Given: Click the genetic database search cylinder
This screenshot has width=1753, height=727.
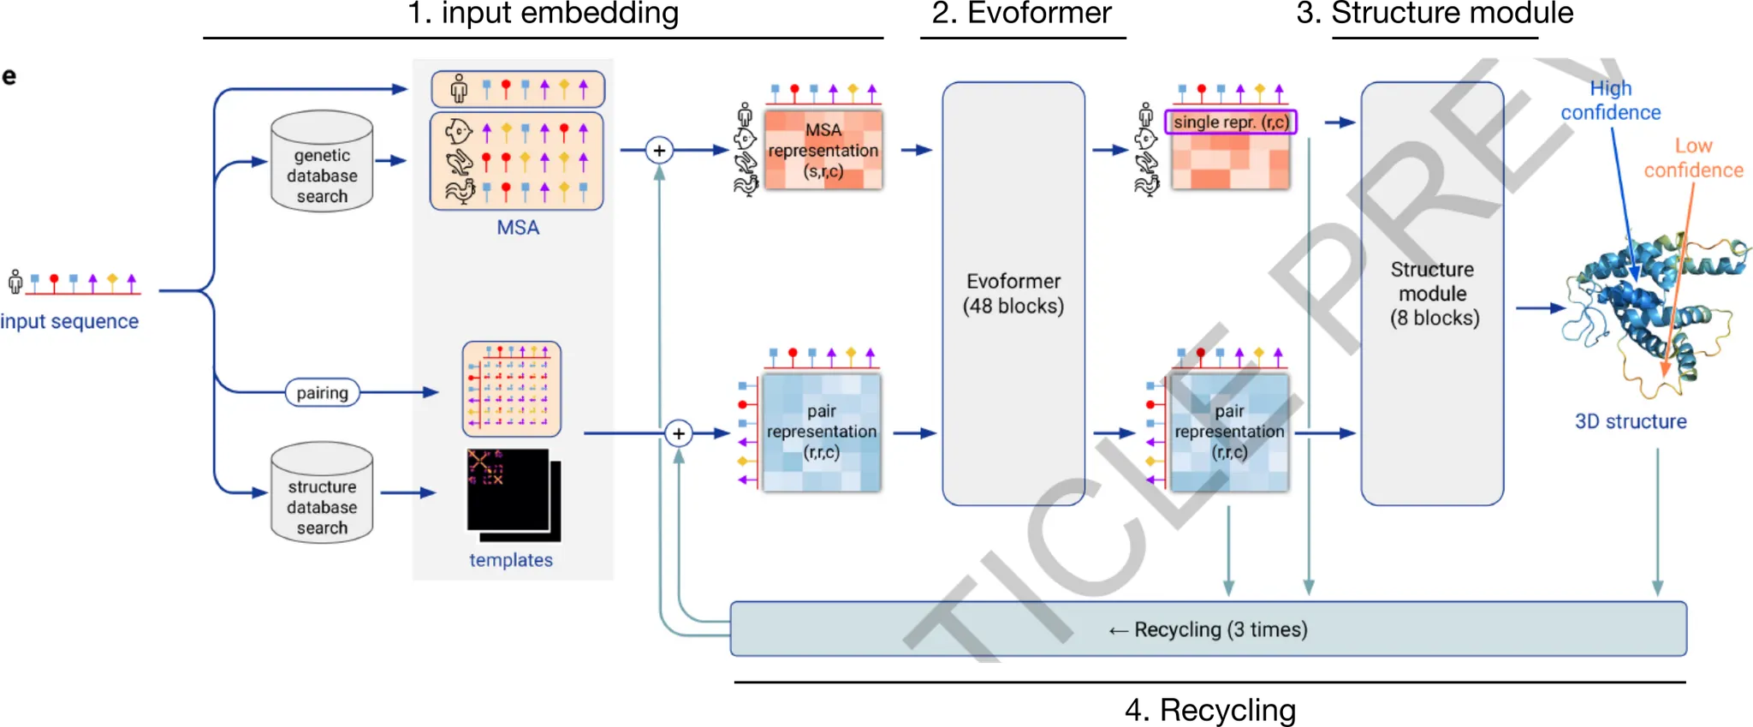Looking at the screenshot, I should coord(322,162).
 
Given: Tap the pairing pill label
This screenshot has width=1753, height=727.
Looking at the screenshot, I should coord(322,393).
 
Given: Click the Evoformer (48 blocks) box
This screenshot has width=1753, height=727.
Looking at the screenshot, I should coord(1013,294).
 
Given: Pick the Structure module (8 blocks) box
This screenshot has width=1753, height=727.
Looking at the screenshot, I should coord(1432,294).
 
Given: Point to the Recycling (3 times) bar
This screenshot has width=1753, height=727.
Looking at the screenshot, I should coord(1208,629).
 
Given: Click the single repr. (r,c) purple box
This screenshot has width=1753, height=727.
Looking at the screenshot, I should coord(1231,122).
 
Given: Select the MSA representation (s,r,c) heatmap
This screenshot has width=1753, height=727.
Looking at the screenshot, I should coord(823,150).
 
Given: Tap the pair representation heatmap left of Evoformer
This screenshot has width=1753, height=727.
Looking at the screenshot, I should coord(822,432).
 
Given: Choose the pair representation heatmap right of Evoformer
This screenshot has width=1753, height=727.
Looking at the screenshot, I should coord(1229,432).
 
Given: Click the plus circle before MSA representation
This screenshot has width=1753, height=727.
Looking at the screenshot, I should coord(659,151).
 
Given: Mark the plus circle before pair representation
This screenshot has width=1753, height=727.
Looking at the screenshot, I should coord(679,433).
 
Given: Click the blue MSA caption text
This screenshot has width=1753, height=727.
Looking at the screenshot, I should coord(518,228).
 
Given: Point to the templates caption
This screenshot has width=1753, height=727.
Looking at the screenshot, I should coord(511,560).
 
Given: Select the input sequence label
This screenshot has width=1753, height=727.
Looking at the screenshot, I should coord(69,321).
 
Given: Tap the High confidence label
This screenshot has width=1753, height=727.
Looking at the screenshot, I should coord(1610,100).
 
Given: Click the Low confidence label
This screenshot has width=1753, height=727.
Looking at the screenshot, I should coord(1693,158).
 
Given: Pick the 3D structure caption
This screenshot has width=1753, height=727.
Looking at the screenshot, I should coord(1631,421).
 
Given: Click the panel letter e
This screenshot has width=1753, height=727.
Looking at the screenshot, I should coord(9,76).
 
